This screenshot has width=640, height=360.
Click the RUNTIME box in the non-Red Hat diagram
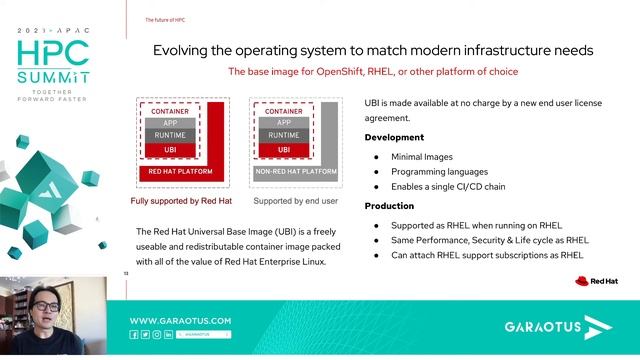[x=284, y=135]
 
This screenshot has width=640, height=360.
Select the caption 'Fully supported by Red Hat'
[x=181, y=200]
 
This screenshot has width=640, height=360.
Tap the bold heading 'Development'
[x=394, y=137]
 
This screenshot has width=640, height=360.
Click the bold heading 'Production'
[x=389, y=205]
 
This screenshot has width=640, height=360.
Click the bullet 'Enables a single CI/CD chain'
[x=461, y=187]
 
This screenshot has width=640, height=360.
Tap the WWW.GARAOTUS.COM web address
[x=181, y=320]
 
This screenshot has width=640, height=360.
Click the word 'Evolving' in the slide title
[x=182, y=50]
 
